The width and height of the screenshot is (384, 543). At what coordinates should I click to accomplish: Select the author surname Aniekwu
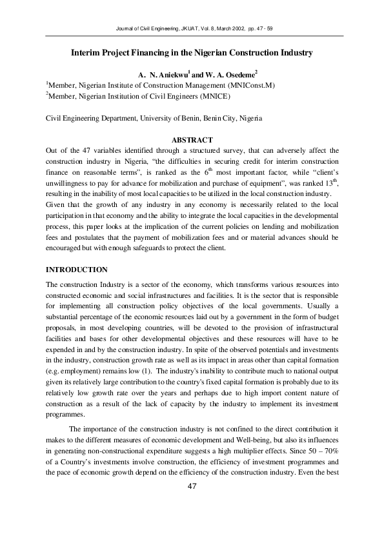click(x=170, y=75)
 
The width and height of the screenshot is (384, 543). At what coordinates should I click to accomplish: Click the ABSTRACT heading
click(x=192, y=141)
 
